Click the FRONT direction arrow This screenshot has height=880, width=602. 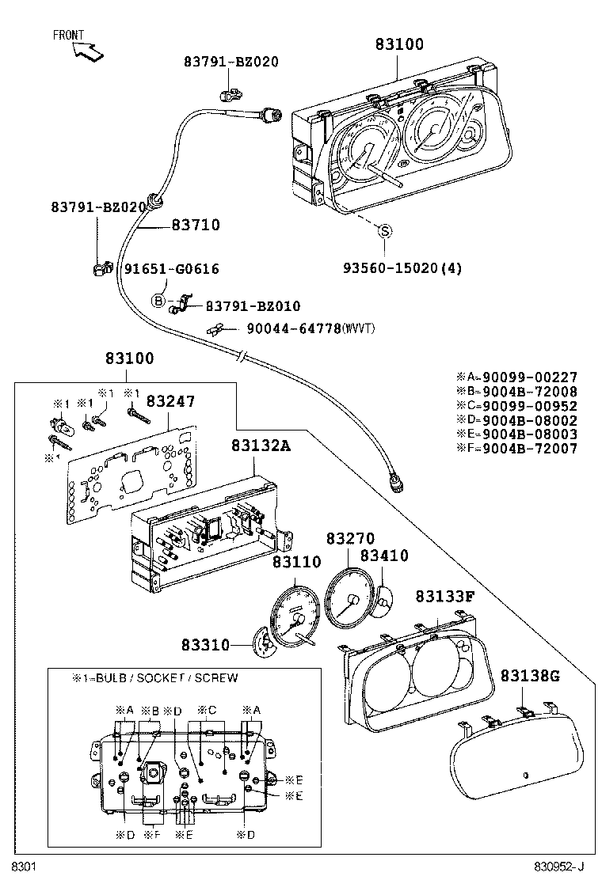pos(86,50)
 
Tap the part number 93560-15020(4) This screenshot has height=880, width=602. pos(402,268)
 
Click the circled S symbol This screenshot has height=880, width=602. pos(384,231)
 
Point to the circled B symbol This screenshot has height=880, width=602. pos(158,301)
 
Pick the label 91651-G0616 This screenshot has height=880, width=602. pos(171,269)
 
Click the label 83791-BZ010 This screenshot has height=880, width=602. pos(253,306)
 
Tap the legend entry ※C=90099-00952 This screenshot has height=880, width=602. pos(516,406)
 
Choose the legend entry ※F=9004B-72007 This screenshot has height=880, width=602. pos(516,449)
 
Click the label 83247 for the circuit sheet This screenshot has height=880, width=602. pos(170,402)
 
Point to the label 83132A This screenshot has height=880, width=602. pos(261,446)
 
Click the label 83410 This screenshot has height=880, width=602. pos(384,556)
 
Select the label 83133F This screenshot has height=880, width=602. pos(444,596)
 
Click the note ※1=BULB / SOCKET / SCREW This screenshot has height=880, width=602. pos(155,678)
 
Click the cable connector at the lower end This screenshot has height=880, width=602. pos(395,481)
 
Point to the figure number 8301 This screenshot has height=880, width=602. pos(23,867)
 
